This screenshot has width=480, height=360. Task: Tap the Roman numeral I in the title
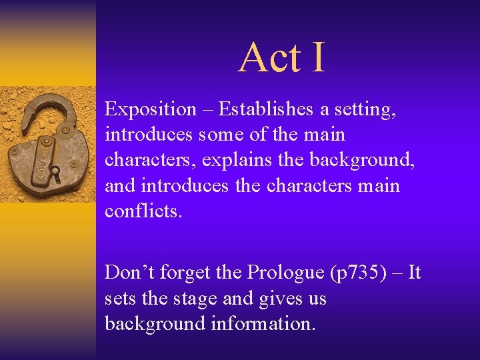(x=317, y=57)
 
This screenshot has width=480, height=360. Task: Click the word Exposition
(x=151, y=109)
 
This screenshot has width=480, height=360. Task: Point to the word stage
(x=192, y=298)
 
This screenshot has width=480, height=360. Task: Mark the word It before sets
(x=414, y=273)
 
